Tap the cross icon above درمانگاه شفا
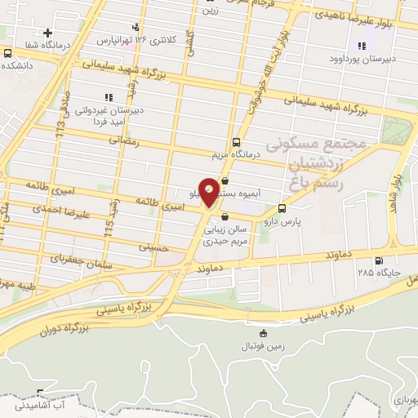tap(49, 33)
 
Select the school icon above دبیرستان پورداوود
tap(362, 46)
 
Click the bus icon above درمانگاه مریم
tap(237, 140)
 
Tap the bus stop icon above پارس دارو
tap(282, 208)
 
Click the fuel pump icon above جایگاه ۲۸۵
tap(378, 262)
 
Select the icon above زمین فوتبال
tap(263, 333)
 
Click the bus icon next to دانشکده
tap(7, 53)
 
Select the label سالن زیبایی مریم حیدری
tap(227, 235)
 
